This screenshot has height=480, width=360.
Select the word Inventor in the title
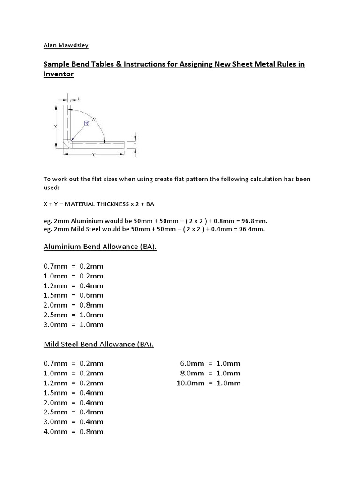click(x=59, y=74)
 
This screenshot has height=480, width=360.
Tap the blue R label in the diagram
click(x=86, y=124)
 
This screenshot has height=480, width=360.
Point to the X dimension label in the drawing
click(x=55, y=127)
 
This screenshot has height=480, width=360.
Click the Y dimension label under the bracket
click(x=93, y=155)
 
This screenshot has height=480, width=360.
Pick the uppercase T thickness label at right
click(x=135, y=144)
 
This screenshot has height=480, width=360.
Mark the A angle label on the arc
click(x=94, y=120)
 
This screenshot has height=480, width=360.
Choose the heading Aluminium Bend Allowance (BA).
click(x=100, y=247)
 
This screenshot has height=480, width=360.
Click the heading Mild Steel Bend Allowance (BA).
click(x=98, y=345)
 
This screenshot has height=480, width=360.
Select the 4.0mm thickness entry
click(x=55, y=432)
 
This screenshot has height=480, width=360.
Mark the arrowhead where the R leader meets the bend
click(x=73, y=139)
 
